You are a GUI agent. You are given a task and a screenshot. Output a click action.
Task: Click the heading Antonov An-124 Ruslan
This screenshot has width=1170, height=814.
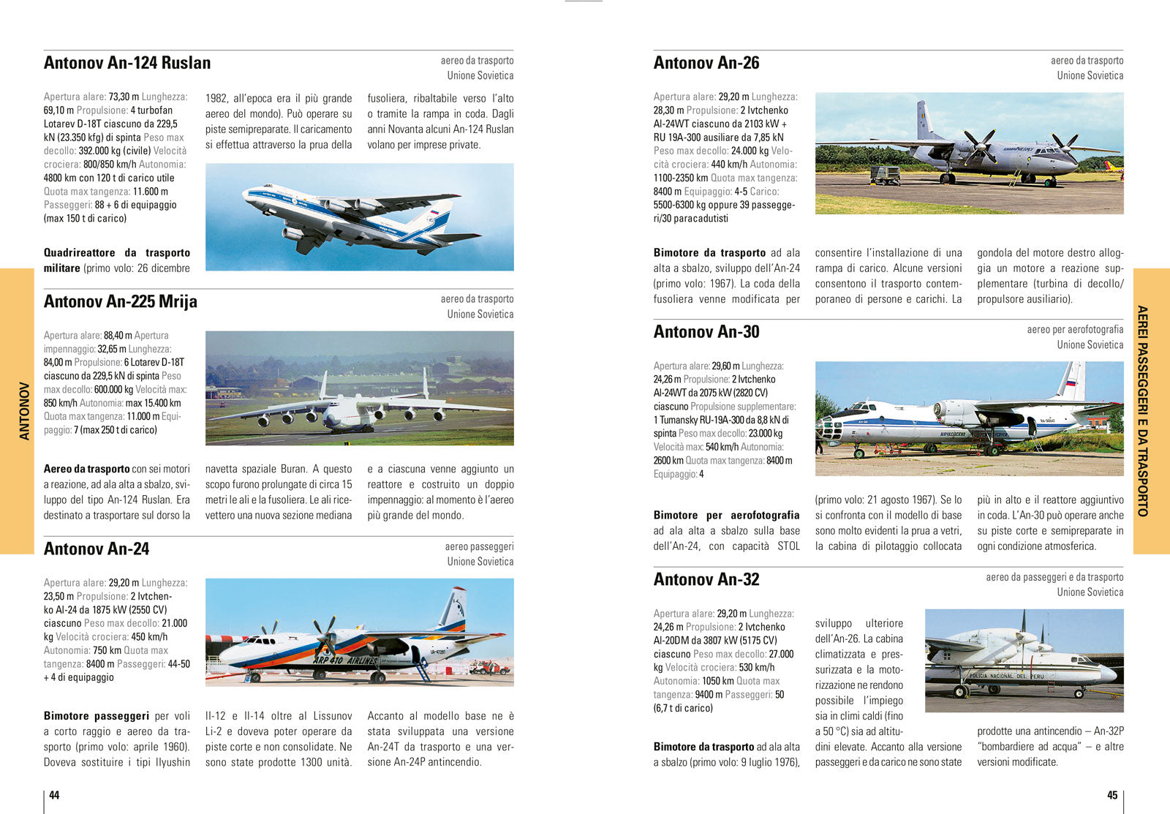pos(127,63)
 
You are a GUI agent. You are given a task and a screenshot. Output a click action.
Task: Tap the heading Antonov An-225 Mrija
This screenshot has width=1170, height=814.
pos(121,301)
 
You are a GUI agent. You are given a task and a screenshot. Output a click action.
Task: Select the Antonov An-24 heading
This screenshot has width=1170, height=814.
pos(97,549)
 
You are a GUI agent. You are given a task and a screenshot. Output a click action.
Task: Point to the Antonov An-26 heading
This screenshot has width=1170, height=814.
pos(706,63)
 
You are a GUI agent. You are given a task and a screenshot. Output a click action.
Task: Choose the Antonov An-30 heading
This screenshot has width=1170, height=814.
pos(706,332)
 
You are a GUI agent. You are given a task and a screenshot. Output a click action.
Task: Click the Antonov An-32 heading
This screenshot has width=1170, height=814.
pos(706,579)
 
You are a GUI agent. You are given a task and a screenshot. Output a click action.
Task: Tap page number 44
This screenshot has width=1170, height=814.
pos(54,795)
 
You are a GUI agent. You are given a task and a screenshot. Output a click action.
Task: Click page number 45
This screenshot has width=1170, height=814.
pos(1112,795)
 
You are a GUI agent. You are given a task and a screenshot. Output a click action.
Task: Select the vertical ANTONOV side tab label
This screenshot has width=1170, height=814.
pos(24,411)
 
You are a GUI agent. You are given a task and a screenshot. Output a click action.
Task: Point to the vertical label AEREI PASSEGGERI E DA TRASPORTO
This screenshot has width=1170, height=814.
pos(1143,411)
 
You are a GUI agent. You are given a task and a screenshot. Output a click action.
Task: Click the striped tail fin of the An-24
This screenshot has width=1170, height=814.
pos(453,609)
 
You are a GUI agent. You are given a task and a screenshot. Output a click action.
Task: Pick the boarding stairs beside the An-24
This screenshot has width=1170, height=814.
pos(423,669)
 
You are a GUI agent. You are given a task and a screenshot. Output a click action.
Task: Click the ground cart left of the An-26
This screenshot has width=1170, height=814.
pos(884,175)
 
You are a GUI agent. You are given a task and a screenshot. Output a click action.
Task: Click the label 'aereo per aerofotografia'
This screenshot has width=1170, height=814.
pos(1075,330)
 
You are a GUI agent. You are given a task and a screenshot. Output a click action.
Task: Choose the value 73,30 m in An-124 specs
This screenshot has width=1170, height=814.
pos(124,97)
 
